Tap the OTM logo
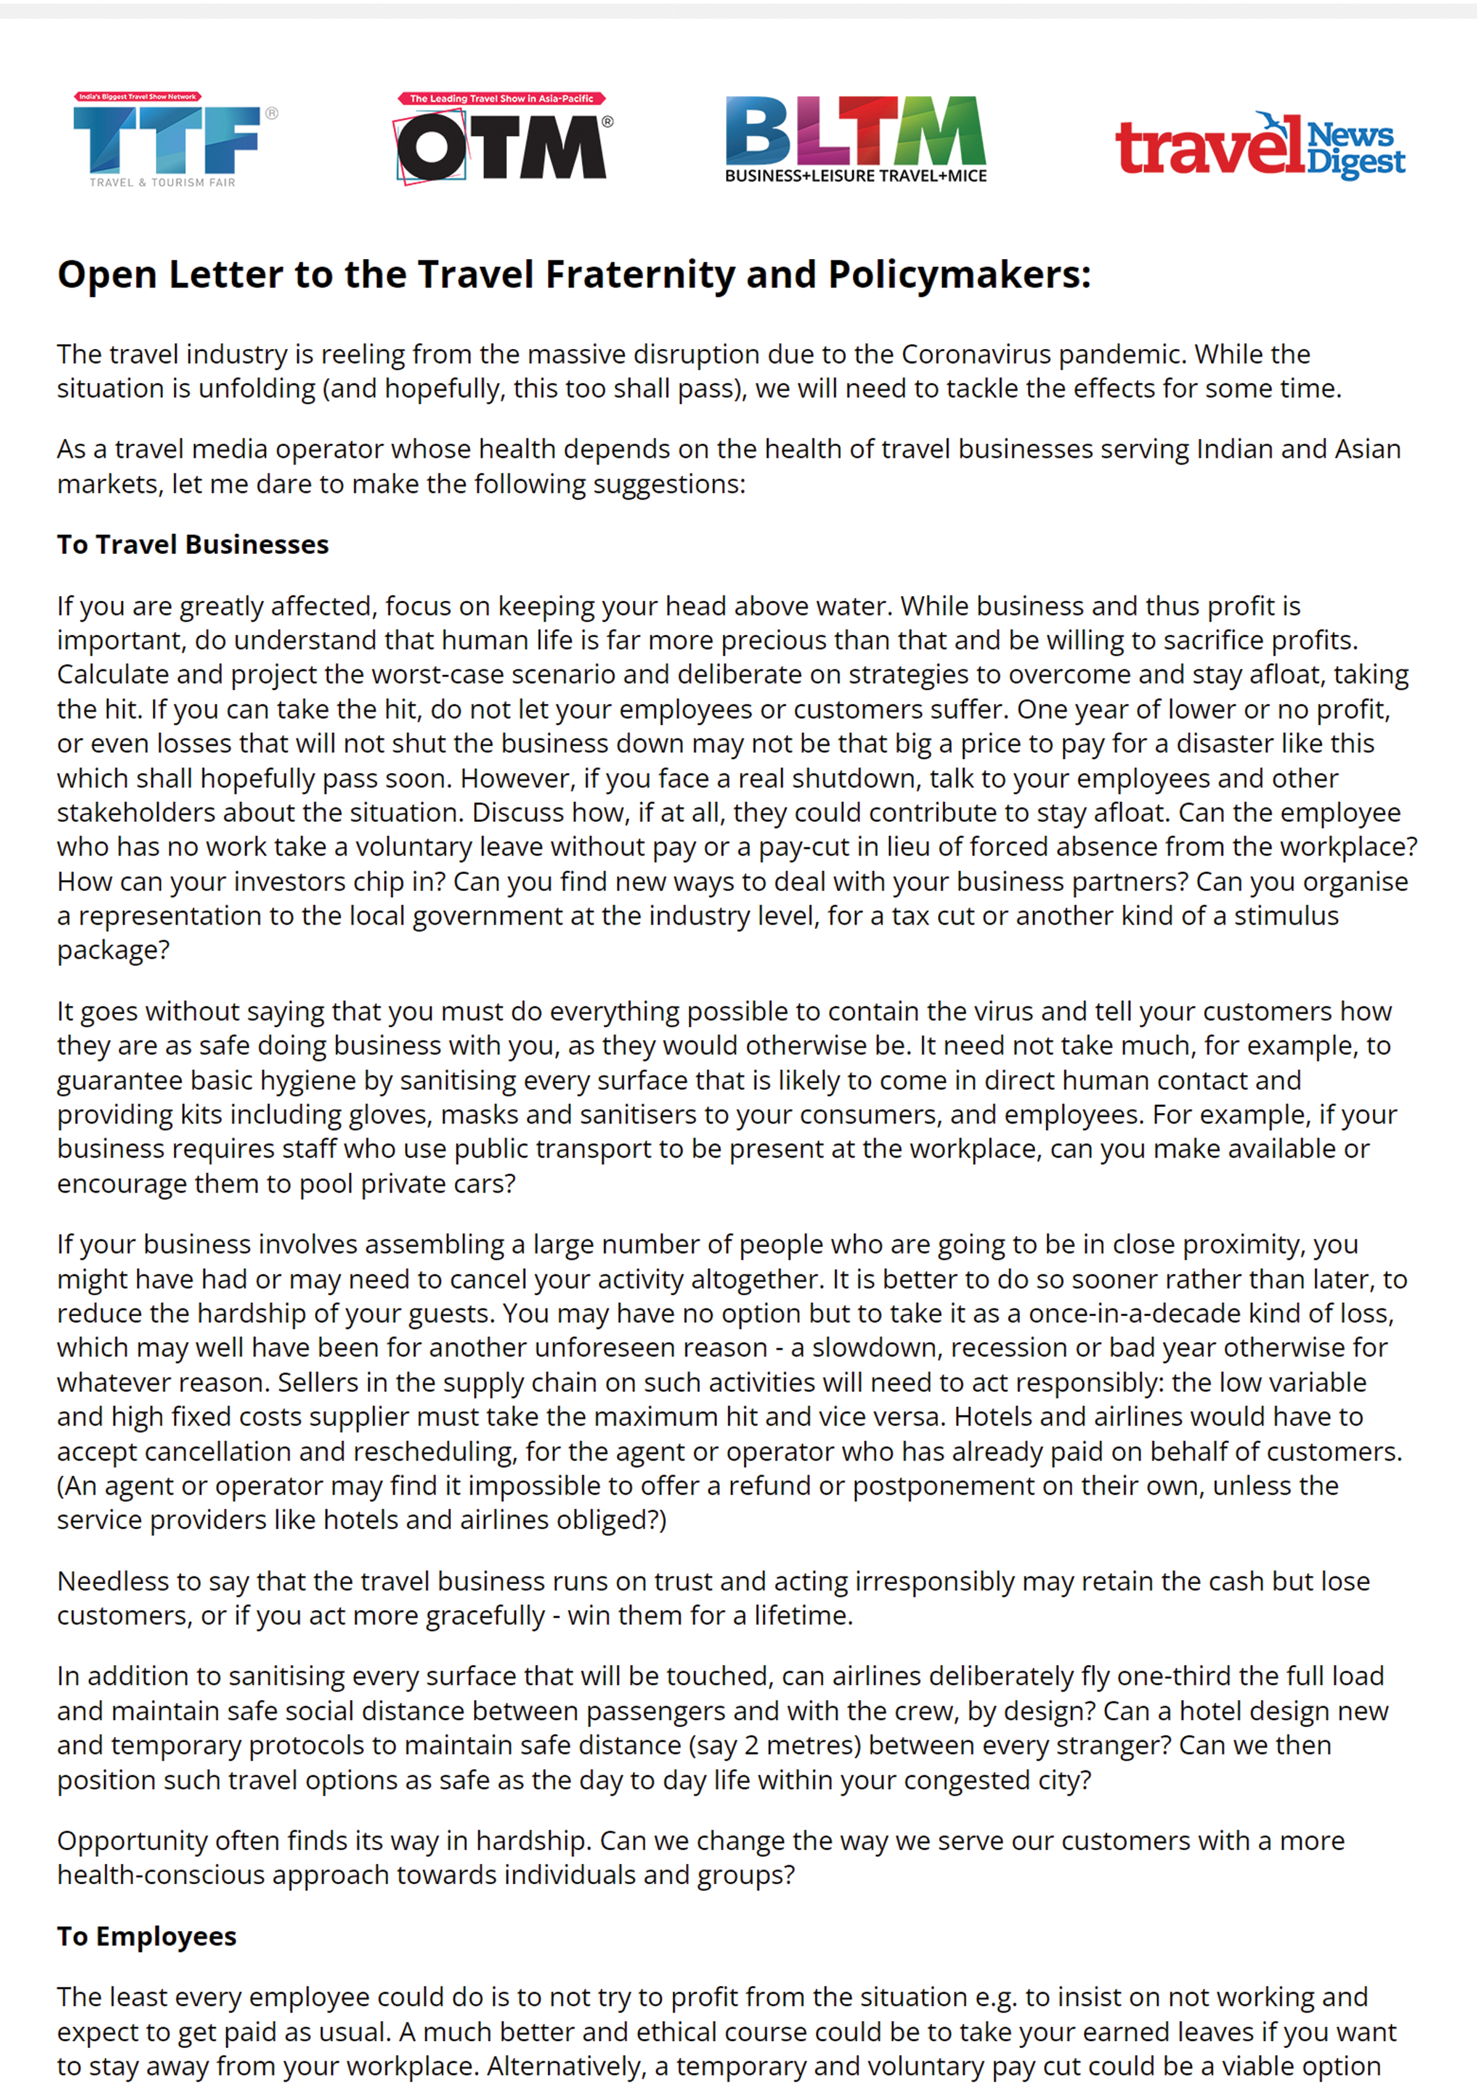pyautogui.click(x=502, y=148)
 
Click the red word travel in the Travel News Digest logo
pyautogui.click(x=1208, y=148)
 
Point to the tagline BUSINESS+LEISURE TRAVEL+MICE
pyautogui.click(x=855, y=176)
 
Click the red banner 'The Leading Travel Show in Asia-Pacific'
pyautogui.click(x=501, y=98)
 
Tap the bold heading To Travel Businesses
pyautogui.click(x=193, y=545)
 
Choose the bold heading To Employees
pyautogui.click(x=147, y=1936)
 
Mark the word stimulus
pyautogui.click(x=1286, y=916)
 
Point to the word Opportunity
pyautogui.click(x=134, y=1841)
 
